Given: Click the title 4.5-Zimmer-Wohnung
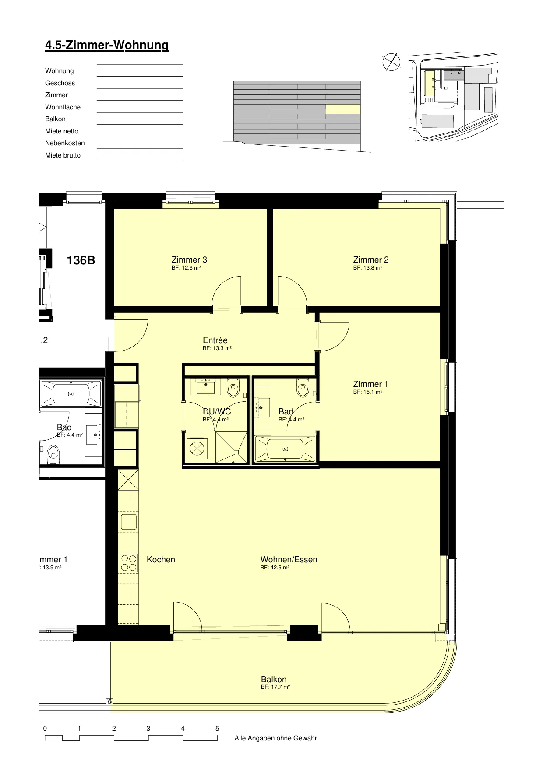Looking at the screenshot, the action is click(x=107, y=46).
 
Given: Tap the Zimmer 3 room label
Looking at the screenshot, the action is click(x=189, y=260).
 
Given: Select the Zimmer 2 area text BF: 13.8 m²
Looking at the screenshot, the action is click(x=368, y=268).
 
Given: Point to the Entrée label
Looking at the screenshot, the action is click(x=215, y=340).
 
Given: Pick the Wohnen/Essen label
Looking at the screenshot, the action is click(x=289, y=560).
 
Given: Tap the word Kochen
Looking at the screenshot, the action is click(x=161, y=560).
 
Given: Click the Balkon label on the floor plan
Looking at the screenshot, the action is click(x=274, y=680).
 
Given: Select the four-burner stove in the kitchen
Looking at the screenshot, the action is click(x=128, y=563).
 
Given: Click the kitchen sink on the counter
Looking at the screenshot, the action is click(x=128, y=522).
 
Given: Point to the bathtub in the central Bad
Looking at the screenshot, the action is click(x=285, y=449).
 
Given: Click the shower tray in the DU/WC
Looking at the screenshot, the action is click(x=232, y=447).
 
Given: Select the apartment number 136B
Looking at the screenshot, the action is click(x=81, y=260).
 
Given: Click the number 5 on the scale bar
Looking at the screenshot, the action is click(x=217, y=729).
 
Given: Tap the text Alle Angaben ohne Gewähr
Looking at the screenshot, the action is click(x=276, y=738).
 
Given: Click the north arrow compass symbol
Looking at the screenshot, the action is click(x=391, y=62).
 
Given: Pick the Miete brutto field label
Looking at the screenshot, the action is click(x=63, y=155).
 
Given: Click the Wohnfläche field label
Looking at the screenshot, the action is click(x=63, y=107).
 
